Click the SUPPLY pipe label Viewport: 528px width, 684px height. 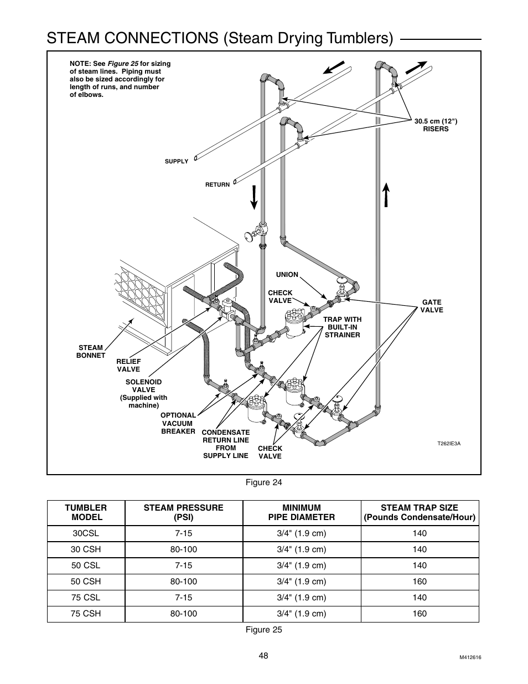point(177,162)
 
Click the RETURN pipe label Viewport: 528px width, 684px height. point(217,184)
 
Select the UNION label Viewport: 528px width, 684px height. point(287,275)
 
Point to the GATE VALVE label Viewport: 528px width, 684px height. point(431,306)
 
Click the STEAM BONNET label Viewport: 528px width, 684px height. point(90,352)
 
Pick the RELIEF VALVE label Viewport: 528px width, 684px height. point(128,366)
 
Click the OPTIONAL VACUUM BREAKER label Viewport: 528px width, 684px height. point(178,423)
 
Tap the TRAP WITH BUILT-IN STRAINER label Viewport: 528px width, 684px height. point(342,327)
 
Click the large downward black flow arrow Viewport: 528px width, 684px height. point(254,198)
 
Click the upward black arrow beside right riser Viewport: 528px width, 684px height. point(386,194)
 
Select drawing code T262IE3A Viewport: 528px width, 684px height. point(449,444)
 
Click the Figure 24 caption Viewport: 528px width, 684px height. point(263,482)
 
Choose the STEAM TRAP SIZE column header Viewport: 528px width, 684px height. point(419,512)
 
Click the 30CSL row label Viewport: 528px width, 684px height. point(86,533)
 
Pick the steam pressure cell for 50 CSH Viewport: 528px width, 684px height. point(183,582)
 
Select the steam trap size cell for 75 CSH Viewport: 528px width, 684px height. point(419,614)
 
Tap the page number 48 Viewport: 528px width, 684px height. point(263,656)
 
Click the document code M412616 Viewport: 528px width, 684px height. point(470,657)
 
